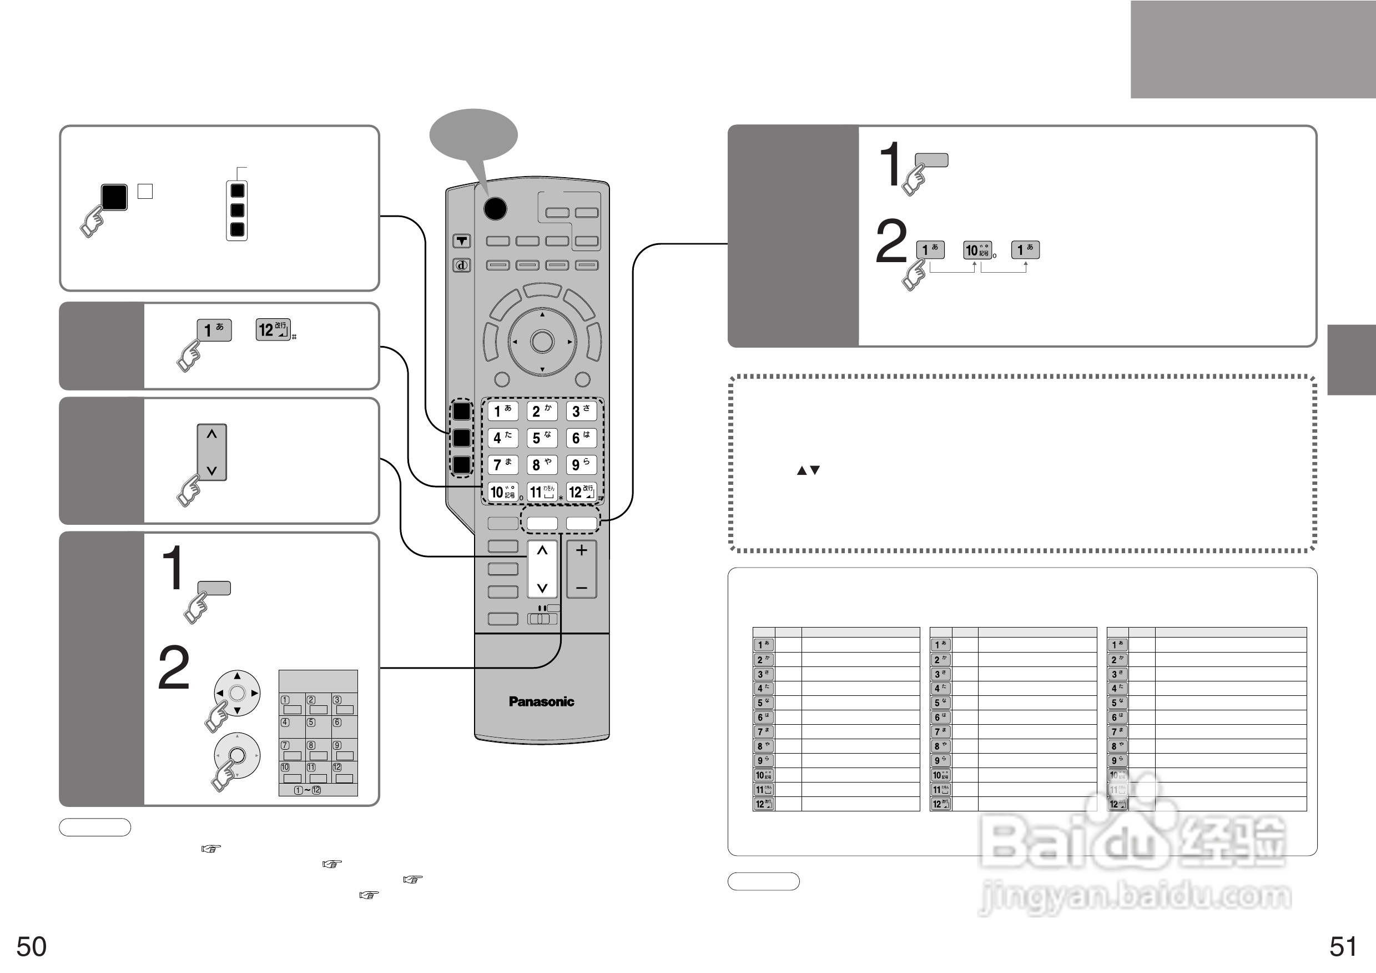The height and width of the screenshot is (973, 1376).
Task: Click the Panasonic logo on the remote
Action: pos(541,701)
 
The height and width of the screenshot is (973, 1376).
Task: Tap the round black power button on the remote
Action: pos(495,209)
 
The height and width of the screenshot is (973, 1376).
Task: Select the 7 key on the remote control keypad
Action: pos(502,465)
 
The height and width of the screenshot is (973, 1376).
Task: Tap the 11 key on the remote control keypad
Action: pos(542,492)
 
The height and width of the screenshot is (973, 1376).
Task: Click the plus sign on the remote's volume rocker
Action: pos(581,550)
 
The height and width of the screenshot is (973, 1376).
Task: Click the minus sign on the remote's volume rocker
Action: pos(581,588)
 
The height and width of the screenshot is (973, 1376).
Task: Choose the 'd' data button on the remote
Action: pos(461,265)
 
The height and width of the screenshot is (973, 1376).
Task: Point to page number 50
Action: pos(31,947)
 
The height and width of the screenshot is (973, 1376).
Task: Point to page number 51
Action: pos(1343,947)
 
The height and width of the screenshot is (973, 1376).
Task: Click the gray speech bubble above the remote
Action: pos(473,135)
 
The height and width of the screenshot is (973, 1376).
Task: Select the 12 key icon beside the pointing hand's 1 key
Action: pos(273,330)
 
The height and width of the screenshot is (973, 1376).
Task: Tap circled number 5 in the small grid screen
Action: pos(311,723)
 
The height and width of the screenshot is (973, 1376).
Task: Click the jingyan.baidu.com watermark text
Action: pos(1134,896)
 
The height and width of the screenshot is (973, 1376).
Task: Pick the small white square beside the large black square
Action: pos(145,191)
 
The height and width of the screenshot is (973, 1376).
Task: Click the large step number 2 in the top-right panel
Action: pos(891,242)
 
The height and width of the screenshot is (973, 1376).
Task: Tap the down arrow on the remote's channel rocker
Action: pos(542,588)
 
